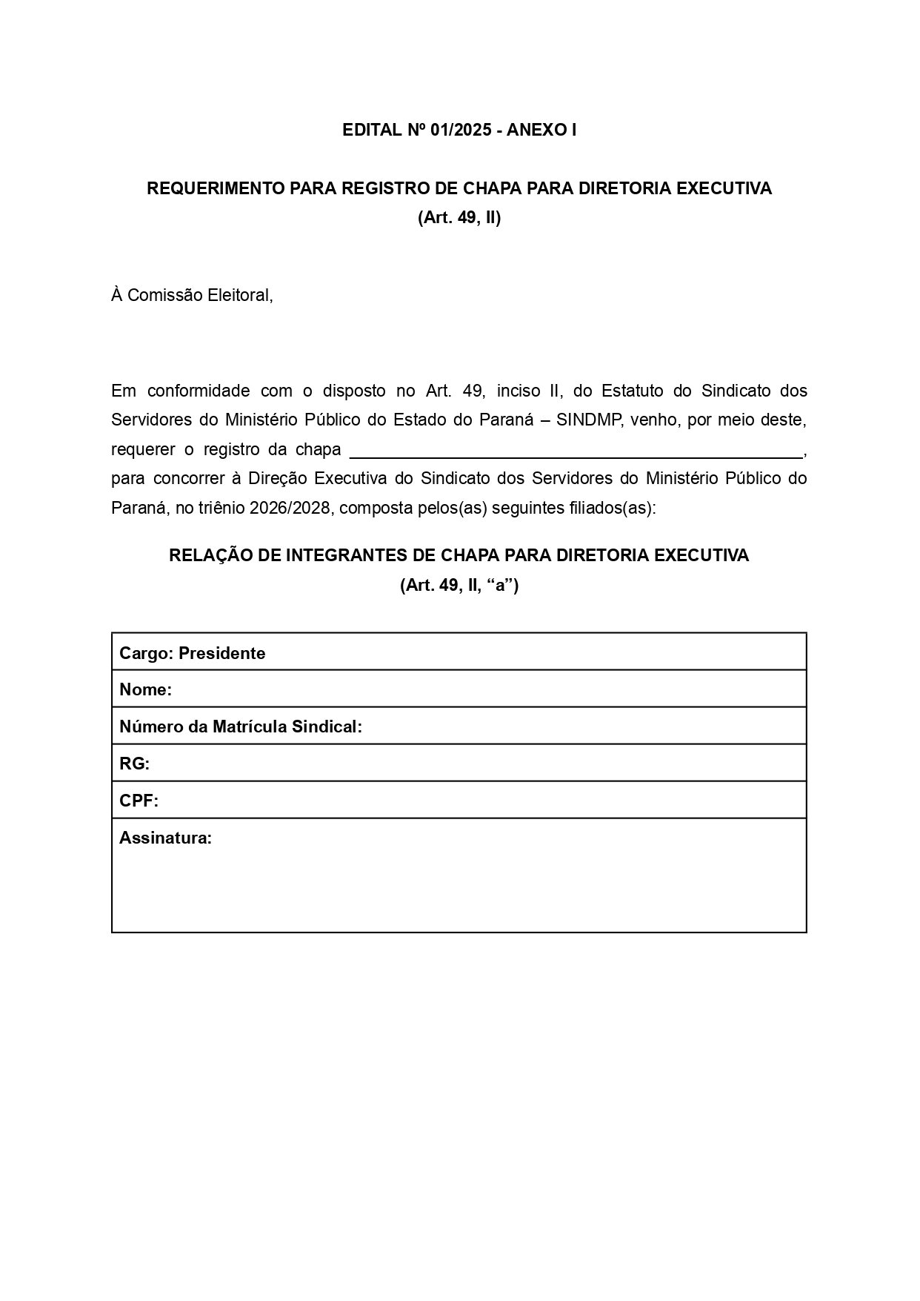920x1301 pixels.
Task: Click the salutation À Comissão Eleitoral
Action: pos(192,295)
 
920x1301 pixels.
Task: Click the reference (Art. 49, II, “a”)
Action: pos(459,586)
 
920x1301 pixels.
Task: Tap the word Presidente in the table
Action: pos(221,653)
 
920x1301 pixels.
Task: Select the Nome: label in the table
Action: pos(145,690)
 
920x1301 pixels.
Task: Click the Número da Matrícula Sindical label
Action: pos(240,727)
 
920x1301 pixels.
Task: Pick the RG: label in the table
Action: pos(134,764)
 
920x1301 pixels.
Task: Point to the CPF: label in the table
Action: pos(139,801)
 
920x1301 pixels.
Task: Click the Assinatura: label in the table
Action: pos(165,838)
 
